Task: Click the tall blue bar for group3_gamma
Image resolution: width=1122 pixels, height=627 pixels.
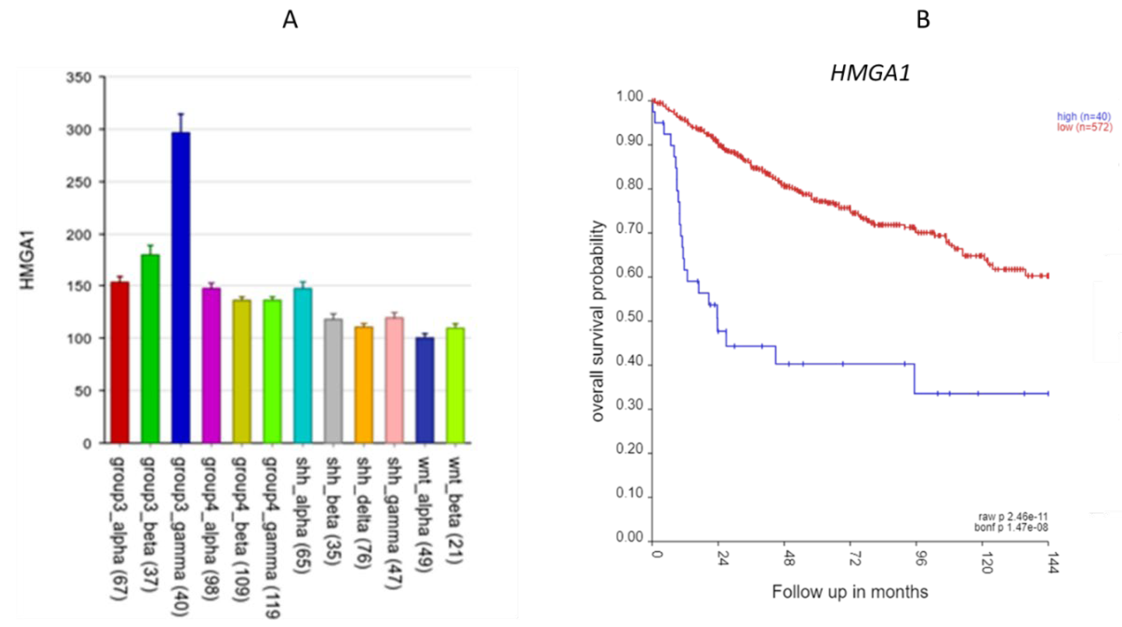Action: (x=181, y=288)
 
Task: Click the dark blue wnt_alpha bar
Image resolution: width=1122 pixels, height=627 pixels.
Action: (x=425, y=390)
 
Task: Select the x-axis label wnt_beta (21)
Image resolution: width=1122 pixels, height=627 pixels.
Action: (x=456, y=510)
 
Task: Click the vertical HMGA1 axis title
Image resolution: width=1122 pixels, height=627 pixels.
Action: (x=27, y=260)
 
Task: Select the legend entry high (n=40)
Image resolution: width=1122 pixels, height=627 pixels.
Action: (x=1084, y=116)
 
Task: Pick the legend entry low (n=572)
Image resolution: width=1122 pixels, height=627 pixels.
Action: (x=1084, y=127)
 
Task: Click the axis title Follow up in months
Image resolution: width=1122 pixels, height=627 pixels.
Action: (x=850, y=592)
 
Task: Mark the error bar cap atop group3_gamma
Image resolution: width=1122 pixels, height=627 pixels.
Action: (x=181, y=114)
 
